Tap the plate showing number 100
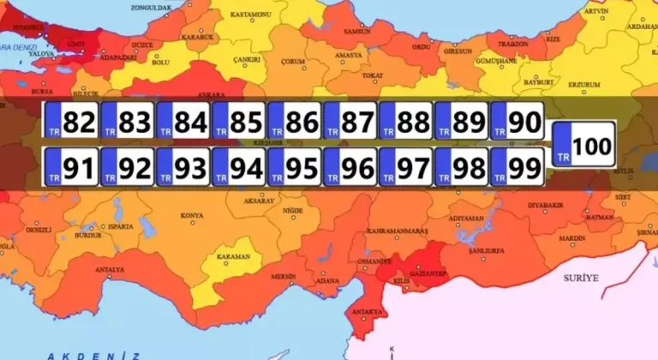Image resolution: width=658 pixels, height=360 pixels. [x=583, y=146]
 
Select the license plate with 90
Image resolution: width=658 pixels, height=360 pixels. [x=517, y=122]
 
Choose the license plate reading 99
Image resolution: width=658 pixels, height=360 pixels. [x=517, y=166]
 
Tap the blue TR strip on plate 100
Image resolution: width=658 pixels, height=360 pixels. [x=563, y=147]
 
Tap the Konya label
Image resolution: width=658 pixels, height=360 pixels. [x=193, y=215]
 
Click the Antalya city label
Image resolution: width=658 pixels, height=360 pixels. [x=110, y=270]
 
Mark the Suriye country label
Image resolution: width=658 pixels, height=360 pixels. [x=580, y=278]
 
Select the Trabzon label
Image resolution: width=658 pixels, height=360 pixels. [x=512, y=44]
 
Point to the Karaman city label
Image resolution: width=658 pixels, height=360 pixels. [x=233, y=256]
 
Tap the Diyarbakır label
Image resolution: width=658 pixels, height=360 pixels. [x=546, y=206]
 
